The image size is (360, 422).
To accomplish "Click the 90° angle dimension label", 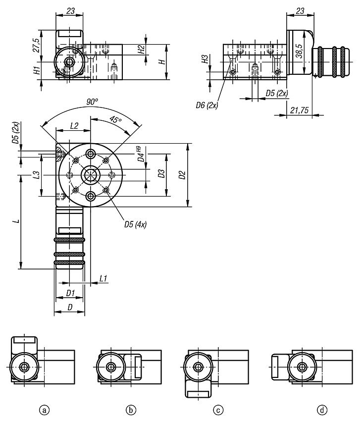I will coord(92,101).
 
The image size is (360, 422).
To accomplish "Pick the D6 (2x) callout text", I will coord(207,105).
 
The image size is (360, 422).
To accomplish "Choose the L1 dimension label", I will coord(103,279).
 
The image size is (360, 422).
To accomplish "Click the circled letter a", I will coord(45,410).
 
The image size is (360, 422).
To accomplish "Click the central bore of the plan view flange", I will coord(91,175).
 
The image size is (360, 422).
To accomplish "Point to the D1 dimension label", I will coord(70,293).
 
